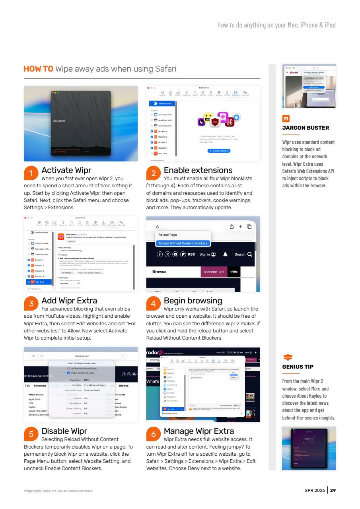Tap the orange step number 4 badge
[x=154, y=304]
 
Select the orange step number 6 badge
[x=154, y=434]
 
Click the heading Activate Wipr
[x=66, y=171]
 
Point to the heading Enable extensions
[x=198, y=171]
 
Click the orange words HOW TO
[x=39, y=69]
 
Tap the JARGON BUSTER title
[x=306, y=128]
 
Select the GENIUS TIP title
[x=298, y=367]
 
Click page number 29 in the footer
[x=333, y=490]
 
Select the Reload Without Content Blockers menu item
[x=183, y=243]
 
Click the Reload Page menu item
[x=168, y=235]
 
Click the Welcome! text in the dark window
[x=58, y=120]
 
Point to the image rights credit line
[x=58, y=491]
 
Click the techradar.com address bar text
[x=82, y=356]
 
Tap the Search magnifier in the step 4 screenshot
[x=249, y=254]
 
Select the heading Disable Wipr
[x=64, y=431]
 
